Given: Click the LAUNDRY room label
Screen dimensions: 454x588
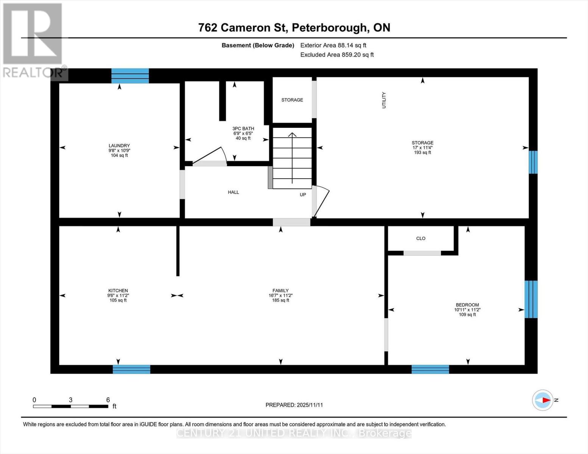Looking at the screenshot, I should coord(119,146).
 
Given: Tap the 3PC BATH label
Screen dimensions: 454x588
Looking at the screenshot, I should coord(243,129).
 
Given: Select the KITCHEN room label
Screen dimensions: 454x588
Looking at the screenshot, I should coord(118,291).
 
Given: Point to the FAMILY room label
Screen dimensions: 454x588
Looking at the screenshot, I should coord(280,291).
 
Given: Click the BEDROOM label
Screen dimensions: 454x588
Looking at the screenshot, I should coord(467,305).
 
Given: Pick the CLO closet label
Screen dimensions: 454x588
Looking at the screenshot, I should coord(421,238).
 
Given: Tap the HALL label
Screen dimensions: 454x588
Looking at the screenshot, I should coord(233,192).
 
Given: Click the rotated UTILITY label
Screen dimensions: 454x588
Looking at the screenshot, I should coord(384,100).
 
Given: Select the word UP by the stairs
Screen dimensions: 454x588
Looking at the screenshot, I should coord(303,194).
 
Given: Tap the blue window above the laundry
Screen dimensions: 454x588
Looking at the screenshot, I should coord(130,76).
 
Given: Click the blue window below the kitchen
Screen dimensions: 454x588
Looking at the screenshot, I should coord(131,369).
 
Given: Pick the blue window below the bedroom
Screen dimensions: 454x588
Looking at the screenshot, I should coord(430,369).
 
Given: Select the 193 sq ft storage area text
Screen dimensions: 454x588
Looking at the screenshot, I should coord(422,152).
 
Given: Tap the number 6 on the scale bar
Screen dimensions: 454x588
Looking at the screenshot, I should coord(108,400).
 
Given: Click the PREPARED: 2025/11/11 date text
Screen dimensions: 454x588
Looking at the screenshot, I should coord(294,405).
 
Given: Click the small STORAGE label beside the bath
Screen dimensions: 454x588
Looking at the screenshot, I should coord(292,100).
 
